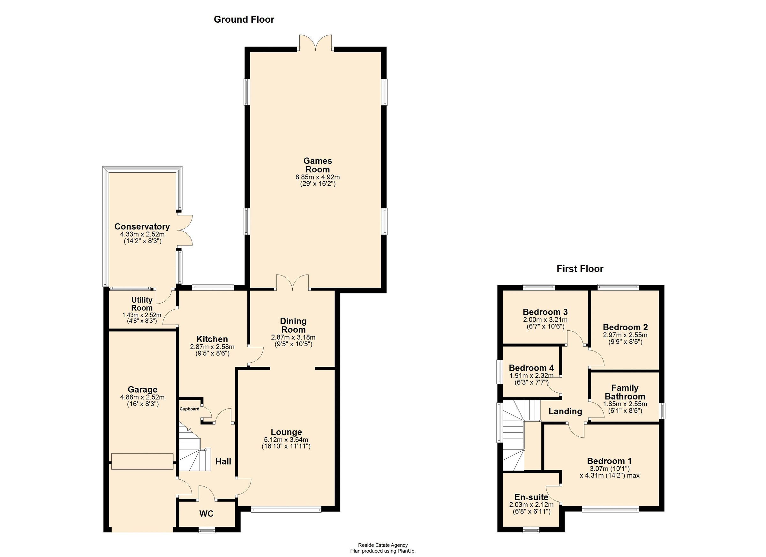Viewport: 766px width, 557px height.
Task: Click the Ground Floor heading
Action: coord(244,19)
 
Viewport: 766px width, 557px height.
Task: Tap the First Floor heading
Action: coord(580,269)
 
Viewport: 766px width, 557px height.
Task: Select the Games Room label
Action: coord(318,165)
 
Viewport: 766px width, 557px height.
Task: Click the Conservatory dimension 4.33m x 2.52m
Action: coord(142,234)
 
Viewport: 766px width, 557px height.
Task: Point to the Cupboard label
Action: coord(189,409)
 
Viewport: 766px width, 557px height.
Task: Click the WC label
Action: coord(206,514)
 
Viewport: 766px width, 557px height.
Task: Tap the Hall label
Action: coord(223,462)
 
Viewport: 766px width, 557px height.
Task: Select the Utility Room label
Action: coord(142,304)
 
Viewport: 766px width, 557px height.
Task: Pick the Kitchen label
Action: coord(212,339)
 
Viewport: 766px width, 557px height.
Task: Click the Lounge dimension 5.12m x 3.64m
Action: coord(286,440)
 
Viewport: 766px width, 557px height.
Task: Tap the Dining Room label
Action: coord(293,325)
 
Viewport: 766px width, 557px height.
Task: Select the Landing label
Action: coord(565,411)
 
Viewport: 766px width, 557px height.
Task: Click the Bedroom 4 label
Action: coord(531,368)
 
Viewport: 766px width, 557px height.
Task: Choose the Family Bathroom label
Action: coord(625,392)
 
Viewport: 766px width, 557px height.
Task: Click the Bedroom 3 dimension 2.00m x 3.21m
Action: coord(545,320)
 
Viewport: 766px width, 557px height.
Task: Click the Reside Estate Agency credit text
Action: coord(383,545)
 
